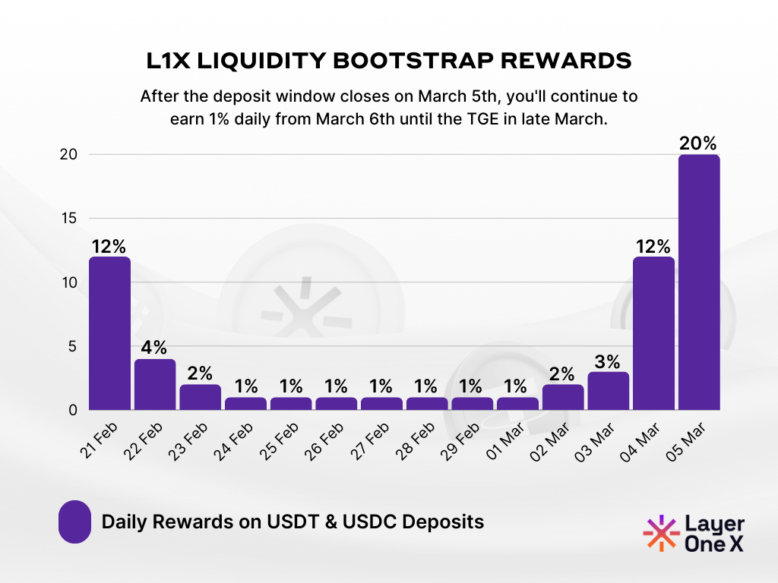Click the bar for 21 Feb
coord(109,333)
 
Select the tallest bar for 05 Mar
coord(699,282)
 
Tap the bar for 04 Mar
coord(653,333)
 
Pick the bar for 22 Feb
coord(155,384)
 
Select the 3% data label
coord(608,361)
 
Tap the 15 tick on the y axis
coord(70,219)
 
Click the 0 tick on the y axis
coord(74,411)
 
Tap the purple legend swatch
coord(74,522)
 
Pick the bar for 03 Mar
coord(608,391)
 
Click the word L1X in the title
coord(169,61)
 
